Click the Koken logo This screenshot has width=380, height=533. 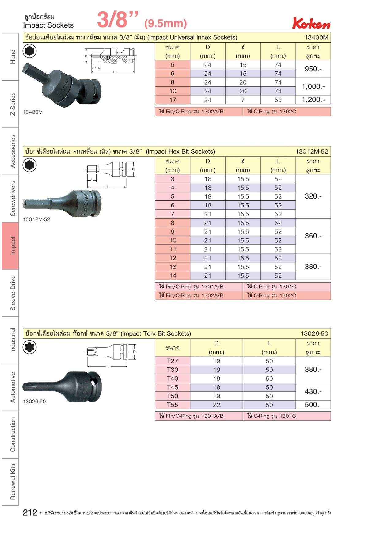tap(311, 23)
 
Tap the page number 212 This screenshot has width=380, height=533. tap(30, 512)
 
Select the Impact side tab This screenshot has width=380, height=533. tap(10, 246)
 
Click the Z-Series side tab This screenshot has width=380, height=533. tap(10, 104)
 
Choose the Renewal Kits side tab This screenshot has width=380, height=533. tap(10, 482)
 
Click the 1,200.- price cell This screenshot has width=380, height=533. tap(313, 100)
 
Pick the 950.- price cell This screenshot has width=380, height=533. tap(313, 69)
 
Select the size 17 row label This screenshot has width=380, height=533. tap(173, 100)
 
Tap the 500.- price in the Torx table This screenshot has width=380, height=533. tap(313, 405)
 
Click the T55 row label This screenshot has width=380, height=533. tap(173, 405)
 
